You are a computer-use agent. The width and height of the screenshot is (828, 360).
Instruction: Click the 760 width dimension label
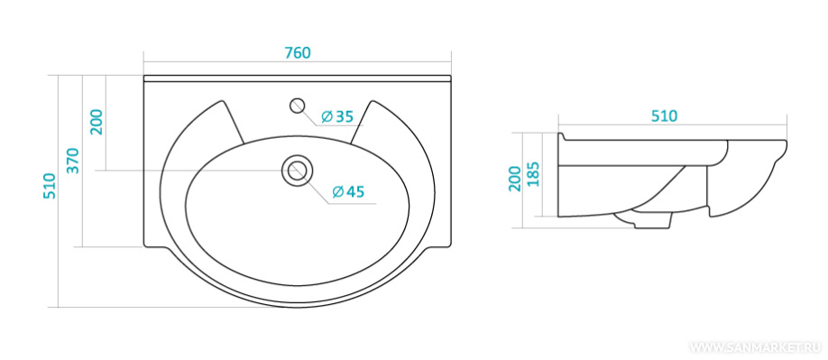click(298, 53)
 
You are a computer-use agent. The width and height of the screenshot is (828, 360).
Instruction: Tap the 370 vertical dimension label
click(72, 161)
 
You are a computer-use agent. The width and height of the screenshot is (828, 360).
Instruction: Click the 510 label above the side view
click(664, 116)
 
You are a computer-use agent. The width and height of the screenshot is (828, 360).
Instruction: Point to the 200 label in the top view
click(97, 122)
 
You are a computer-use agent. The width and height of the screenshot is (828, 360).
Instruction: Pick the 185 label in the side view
click(533, 174)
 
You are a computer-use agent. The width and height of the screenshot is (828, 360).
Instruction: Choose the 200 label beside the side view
click(515, 178)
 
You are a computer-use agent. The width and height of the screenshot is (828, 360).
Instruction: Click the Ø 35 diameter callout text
click(336, 116)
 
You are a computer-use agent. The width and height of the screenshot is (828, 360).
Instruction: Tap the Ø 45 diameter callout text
click(348, 191)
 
